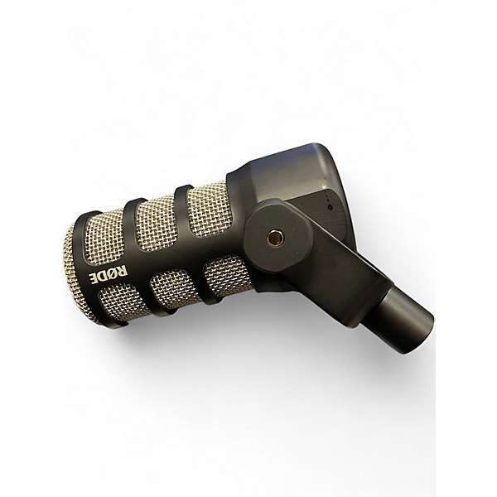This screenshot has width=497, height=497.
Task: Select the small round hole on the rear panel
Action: coord(330,208)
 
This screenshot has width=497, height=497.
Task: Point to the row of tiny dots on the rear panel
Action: coord(327,198)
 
